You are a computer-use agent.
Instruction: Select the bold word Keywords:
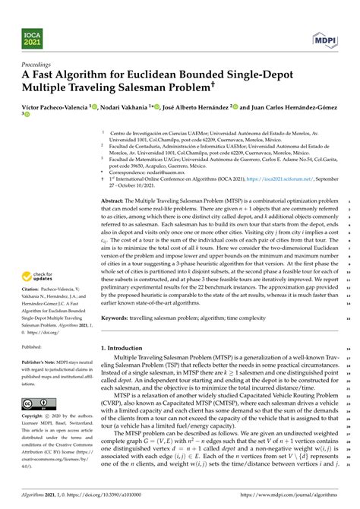click(x=115, y=318)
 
